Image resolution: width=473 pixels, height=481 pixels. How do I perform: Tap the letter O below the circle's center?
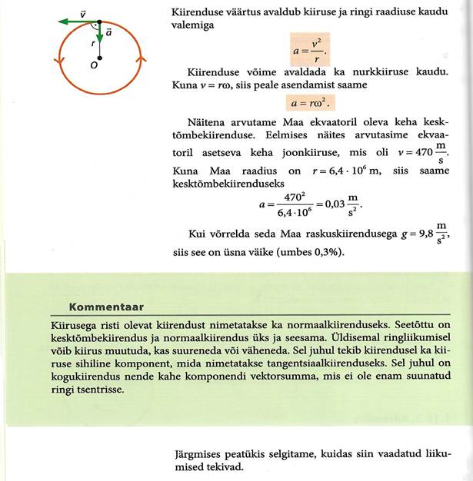(x=93, y=67)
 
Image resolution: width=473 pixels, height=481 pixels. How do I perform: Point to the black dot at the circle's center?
(x=99, y=58)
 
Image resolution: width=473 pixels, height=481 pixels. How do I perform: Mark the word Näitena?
(x=208, y=123)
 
